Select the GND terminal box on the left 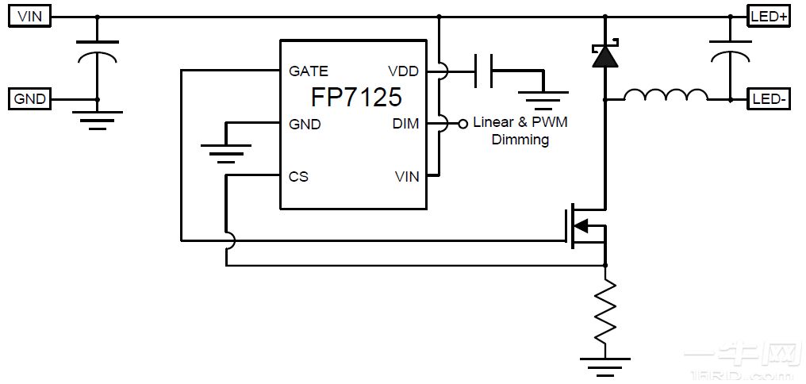pos(30,99)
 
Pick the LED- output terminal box pos(769,99)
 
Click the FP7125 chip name pos(356,98)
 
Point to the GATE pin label pos(309,71)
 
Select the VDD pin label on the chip pos(403,71)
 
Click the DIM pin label pos(405,124)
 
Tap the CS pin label pos(298,176)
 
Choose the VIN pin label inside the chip pos(406,176)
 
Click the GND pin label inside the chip pos(305,124)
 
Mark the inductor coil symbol pos(666,95)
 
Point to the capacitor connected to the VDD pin pos(483,71)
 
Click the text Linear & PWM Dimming pos(520,131)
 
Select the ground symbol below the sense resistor pos(605,364)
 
